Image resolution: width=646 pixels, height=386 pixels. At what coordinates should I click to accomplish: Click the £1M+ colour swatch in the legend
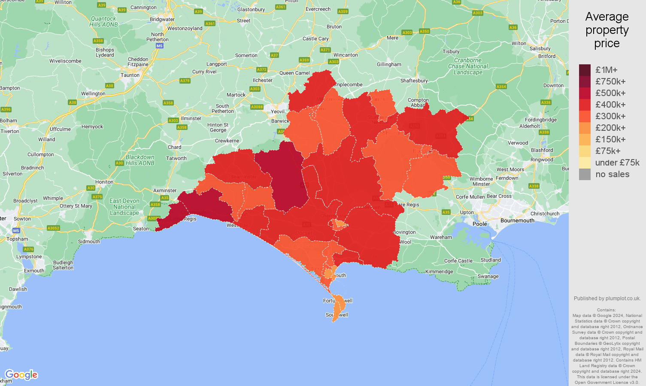click(585, 70)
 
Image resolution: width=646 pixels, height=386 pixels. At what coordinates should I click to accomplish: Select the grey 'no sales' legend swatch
click(585, 174)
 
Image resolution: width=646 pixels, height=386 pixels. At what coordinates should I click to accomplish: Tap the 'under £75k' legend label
click(617, 163)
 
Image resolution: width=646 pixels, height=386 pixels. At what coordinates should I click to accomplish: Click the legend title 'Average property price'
click(607, 30)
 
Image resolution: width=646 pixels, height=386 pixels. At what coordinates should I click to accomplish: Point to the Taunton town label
click(130, 75)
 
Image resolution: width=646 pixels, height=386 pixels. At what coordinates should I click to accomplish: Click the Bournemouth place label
click(517, 220)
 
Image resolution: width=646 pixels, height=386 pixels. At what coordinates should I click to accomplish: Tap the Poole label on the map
click(479, 224)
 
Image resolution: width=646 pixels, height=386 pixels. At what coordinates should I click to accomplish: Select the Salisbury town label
click(540, 48)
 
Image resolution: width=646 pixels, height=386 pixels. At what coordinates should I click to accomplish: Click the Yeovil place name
click(278, 112)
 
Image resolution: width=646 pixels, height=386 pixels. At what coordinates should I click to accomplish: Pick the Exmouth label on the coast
click(34, 271)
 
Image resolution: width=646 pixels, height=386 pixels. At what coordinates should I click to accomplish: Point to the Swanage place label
click(488, 276)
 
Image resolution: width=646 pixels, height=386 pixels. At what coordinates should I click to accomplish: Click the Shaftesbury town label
click(414, 81)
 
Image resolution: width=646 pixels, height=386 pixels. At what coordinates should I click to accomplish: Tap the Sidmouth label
click(89, 241)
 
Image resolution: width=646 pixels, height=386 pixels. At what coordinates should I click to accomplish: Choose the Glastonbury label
click(251, 9)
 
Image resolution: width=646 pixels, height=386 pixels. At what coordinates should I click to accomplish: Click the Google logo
click(21, 375)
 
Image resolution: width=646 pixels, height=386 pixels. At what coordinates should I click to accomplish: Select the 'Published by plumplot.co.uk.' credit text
click(607, 299)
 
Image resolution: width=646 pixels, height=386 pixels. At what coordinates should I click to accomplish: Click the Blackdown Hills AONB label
click(140, 160)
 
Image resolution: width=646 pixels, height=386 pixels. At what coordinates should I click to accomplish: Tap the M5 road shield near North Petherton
click(159, 45)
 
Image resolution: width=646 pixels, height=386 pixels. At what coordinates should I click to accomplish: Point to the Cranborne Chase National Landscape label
click(468, 66)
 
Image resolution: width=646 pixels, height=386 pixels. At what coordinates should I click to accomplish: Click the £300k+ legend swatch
click(585, 116)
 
